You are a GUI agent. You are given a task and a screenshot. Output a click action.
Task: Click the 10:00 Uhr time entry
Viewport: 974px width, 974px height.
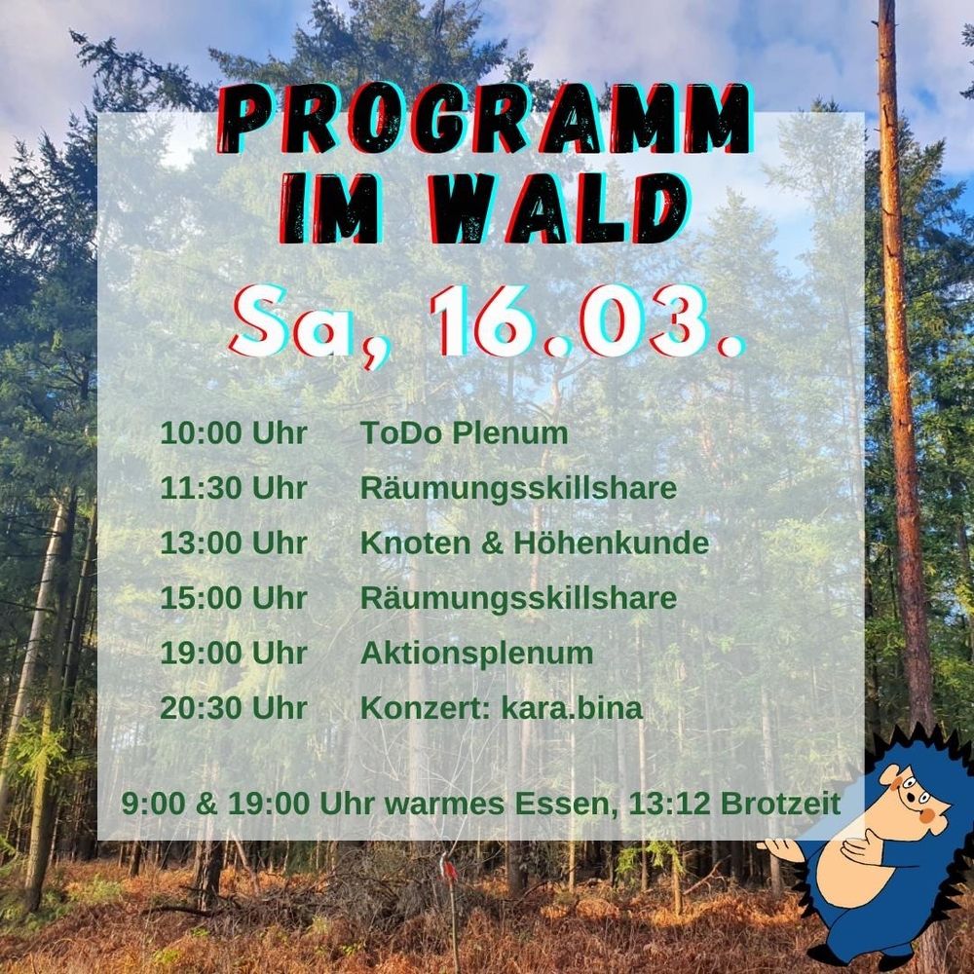tap(233, 433)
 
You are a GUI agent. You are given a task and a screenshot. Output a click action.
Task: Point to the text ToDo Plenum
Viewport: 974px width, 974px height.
tap(464, 433)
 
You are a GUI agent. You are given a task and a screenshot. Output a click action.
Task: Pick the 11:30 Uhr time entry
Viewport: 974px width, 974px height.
tap(233, 488)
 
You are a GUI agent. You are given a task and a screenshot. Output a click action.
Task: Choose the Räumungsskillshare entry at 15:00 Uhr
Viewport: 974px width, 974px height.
tap(518, 598)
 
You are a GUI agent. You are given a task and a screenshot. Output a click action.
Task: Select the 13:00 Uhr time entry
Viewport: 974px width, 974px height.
tap(233, 543)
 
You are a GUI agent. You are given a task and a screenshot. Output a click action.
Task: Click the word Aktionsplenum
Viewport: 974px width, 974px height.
tap(476, 653)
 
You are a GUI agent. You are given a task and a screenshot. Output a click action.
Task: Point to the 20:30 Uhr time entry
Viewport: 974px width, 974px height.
tap(233, 708)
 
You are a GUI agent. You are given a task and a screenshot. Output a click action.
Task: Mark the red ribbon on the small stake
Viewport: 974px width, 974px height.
tap(449, 865)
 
